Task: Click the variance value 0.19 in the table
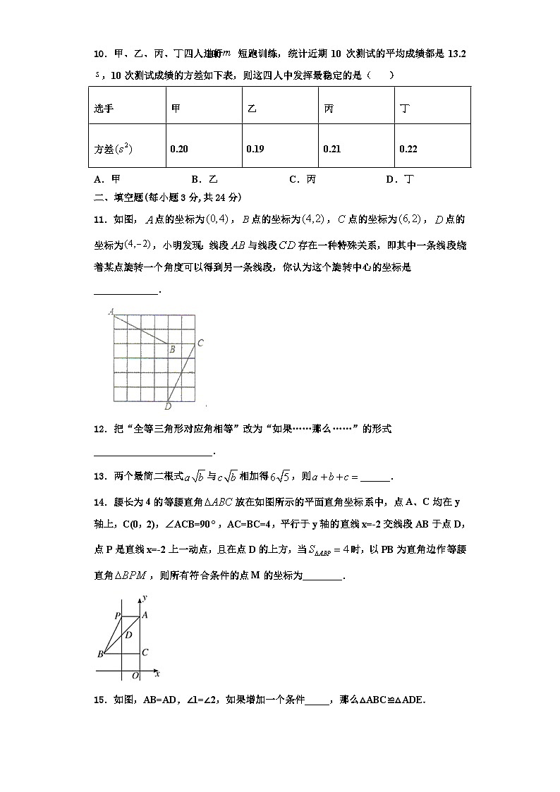(x=255, y=149)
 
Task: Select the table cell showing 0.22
(x=408, y=149)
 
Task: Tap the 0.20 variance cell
(x=179, y=149)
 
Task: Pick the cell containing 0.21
(x=331, y=149)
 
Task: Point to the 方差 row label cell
(x=114, y=149)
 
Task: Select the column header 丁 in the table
(x=404, y=109)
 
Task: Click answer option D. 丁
(x=400, y=179)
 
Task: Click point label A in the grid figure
(x=111, y=310)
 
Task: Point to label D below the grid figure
(x=168, y=406)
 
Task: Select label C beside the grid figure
(x=200, y=343)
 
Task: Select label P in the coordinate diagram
(x=117, y=616)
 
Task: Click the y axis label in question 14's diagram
(x=144, y=597)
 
